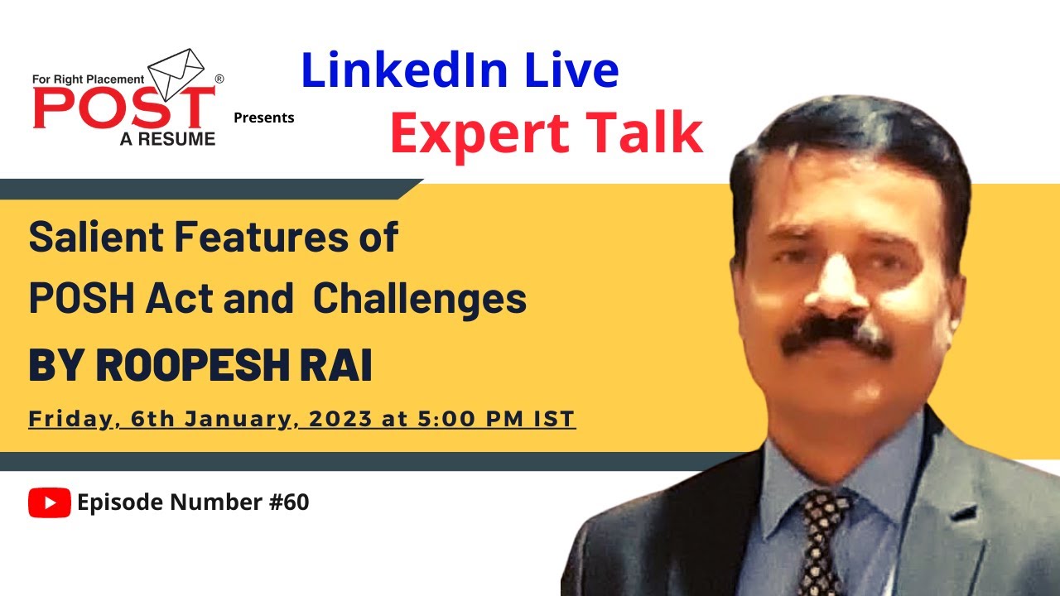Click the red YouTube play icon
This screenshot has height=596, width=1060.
point(49,502)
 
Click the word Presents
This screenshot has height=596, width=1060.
point(263,118)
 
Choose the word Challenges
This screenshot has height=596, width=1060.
point(420,299)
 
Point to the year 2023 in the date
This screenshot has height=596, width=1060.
point(342,419)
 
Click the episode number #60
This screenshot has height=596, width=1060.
point(289,502)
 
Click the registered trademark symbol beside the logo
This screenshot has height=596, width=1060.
point(219,79)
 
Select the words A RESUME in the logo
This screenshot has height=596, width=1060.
point(167,139)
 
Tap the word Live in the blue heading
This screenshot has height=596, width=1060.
point(569,70)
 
